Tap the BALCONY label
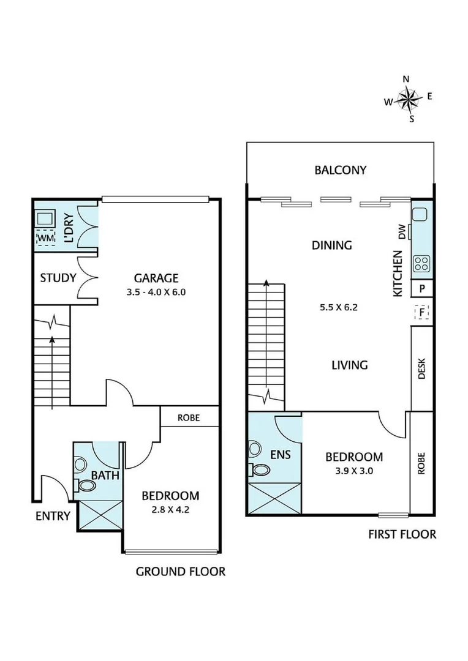pyautogui.click(x=341, y=170)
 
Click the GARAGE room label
pyautogui.click(x=157, y=277)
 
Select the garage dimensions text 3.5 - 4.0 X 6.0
pyautogui.click(x=157, y=292)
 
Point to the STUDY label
pyautogui.click(x=58, y=278)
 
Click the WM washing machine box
pyautogui.click(x=46, y=237)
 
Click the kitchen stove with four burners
pyautogui.click(x=421, y=264)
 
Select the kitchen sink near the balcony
pyautogui.click(x=420, y=215)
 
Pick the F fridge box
pyautogui.click(x=421, y=313)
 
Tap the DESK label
pyautogui.click(x=421, y=368)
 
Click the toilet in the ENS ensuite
pyautogui.click(x=260, y=469)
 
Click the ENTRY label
pyautogui.click(x=53, y=516)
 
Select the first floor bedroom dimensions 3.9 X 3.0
pyautogui.click(x=354, y=471)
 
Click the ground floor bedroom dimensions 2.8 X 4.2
pyautogui.click(x=170, y=510)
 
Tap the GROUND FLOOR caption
pyautogui.click(x=180, y=572)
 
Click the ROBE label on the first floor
pyautogui.click(x=421, y=463)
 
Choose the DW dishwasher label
pyautogui.click(x=402, y=233)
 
